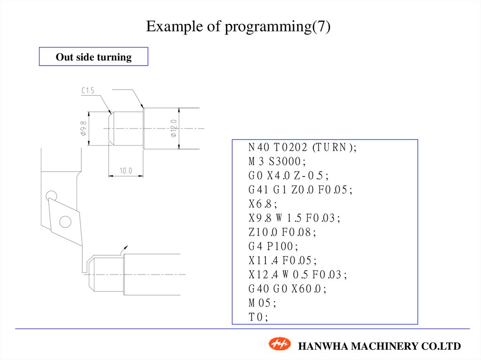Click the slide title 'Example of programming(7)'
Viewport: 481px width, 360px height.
238,27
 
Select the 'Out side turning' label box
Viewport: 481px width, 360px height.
93,57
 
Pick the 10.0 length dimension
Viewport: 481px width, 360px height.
125,171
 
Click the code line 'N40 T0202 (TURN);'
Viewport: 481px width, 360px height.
303,147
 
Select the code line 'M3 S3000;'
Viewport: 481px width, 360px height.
277,161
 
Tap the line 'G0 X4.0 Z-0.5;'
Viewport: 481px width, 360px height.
288,176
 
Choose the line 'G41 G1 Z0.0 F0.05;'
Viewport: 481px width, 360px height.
300,190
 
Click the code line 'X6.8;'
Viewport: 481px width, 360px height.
263,204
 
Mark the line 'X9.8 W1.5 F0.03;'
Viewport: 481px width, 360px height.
294,218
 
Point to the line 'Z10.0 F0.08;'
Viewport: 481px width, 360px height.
282,232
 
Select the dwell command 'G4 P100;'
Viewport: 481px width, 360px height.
273,246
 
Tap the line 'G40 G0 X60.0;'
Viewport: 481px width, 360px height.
287,288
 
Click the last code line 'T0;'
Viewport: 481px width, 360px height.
258,317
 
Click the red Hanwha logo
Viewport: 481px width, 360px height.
280,345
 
